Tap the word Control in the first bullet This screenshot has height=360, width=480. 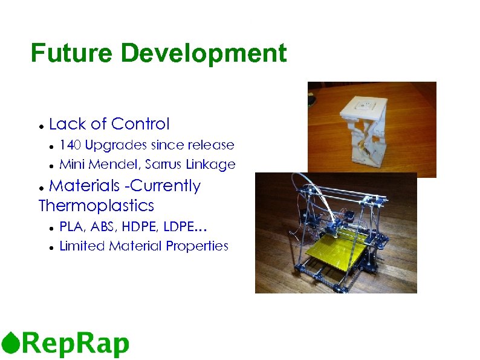141,124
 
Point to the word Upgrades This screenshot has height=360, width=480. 116,146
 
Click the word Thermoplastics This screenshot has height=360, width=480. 96,206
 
